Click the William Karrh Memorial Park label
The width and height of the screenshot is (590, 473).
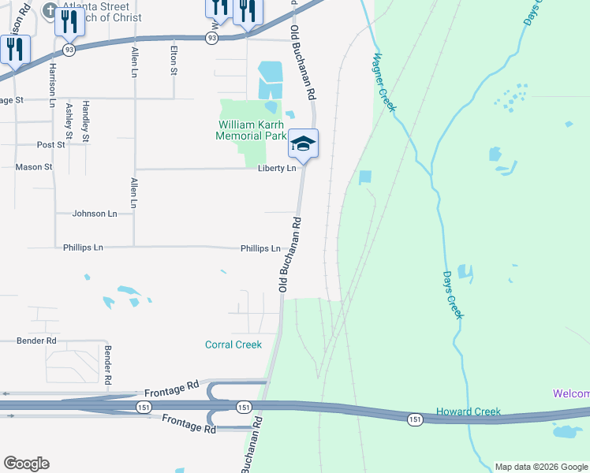click(252, 130)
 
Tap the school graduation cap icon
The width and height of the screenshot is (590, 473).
click(303, 144)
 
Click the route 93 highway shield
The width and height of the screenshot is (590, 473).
click(212, 37)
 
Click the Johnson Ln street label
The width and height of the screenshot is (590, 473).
click(95, 214)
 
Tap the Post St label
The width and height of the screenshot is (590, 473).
click(50, 145)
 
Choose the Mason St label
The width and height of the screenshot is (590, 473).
click(34, 167)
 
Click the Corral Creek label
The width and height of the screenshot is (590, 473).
click(233, 345)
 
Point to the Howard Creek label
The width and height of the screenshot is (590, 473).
click(469, 412)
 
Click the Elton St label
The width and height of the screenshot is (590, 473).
click(174, 61)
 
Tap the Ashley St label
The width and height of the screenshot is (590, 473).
click(69, 121)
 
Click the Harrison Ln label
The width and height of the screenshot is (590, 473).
click(53, 85)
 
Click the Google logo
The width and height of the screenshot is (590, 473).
click(26, 464)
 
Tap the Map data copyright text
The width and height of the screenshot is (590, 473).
click(541, 467)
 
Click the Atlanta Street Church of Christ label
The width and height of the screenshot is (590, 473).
click(102, 13)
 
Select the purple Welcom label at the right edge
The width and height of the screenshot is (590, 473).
click(570, 394)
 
